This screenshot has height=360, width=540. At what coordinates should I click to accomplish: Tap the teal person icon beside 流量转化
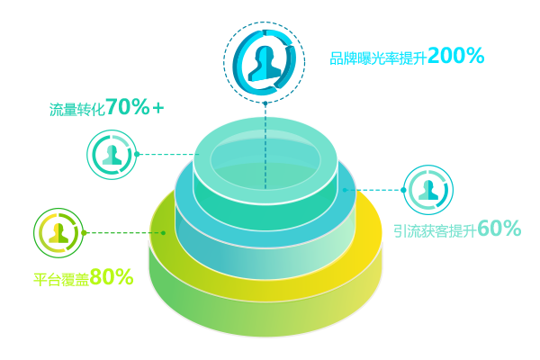pyautogui.click(x=112, y=154)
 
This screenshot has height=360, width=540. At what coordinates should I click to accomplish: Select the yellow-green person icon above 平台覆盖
pyautogui.click(x=58, y=232)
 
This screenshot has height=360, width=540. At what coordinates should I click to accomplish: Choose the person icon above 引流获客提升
pyautogui.click(x=428, y=189)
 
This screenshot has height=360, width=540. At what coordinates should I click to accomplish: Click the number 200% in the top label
pyautogui.click(x=455, y=56)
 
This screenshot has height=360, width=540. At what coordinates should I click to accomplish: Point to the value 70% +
pyautogui.click(x=135, y=108)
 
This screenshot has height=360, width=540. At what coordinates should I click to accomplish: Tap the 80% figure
pyautogui.click(x=112, y=277)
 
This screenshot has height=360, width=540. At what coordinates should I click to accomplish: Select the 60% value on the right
pyautogui.click(x=499, y=229)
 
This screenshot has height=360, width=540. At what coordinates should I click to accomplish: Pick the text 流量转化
pyautogui.click(x=76, y=110)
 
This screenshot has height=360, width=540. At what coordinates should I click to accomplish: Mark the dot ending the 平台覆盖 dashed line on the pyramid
pyautogui.click(x=164, y=232)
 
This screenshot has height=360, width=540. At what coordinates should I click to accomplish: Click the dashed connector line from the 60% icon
pyautogui.click(x=378, y=190)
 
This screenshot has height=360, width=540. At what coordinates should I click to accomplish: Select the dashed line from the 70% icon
pyautogui.click(x=166, y=154)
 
